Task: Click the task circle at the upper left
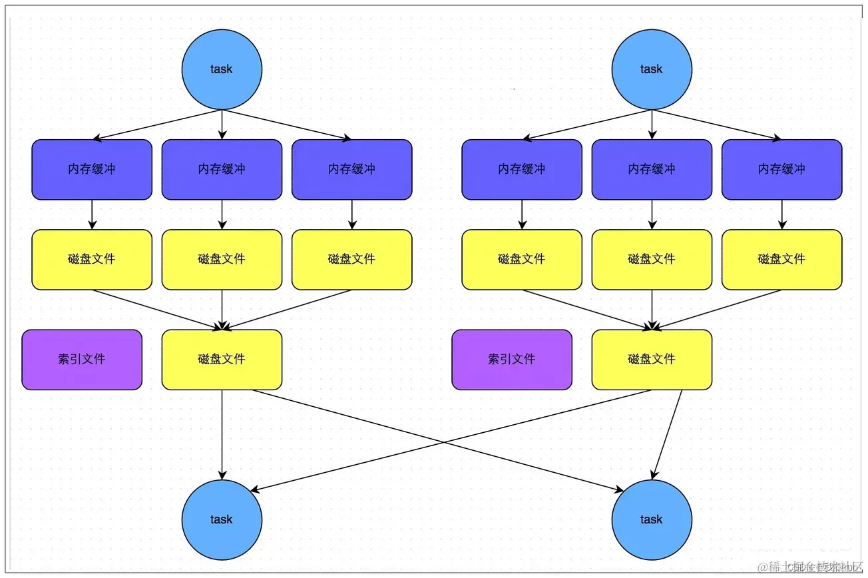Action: coord(222,69)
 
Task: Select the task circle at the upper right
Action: coord(652,69)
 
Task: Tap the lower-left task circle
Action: coord(222,519)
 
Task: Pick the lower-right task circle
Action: coord(652,519)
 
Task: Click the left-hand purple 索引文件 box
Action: coord(82,360)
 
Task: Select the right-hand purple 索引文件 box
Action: coord(512,360)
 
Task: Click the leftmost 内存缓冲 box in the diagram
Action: coord(92,169)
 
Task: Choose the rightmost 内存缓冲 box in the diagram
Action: coord(781,169)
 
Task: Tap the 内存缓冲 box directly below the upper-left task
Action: coord(222,169)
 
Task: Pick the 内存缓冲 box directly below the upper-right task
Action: coord(652,169)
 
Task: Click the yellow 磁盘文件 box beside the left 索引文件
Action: coord(222,360)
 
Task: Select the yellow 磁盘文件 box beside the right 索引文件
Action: coord(652,360)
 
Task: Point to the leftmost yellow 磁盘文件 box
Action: coord(92,260)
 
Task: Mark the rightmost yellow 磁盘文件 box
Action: coord(781,260)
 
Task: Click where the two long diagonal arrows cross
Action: coord(445,441)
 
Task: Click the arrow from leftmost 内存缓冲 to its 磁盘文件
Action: coord(92,214)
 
